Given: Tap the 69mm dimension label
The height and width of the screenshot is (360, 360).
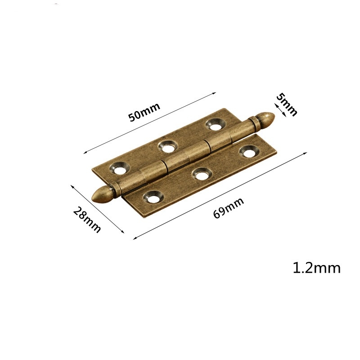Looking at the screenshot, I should point(228,208).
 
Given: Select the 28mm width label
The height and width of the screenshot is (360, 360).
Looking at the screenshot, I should point(87,219).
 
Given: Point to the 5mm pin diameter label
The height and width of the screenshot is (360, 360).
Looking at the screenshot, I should point(286,104).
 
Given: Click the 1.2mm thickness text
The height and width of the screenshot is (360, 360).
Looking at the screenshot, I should point(316,268).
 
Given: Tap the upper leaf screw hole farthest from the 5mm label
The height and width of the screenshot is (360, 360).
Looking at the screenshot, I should point(121,168).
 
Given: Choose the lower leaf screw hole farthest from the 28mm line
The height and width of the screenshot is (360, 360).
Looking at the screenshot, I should point(247,152).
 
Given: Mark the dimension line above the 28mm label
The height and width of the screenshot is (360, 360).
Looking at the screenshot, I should point(97,208).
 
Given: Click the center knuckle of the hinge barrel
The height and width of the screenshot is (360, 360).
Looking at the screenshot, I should point(186,155).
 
